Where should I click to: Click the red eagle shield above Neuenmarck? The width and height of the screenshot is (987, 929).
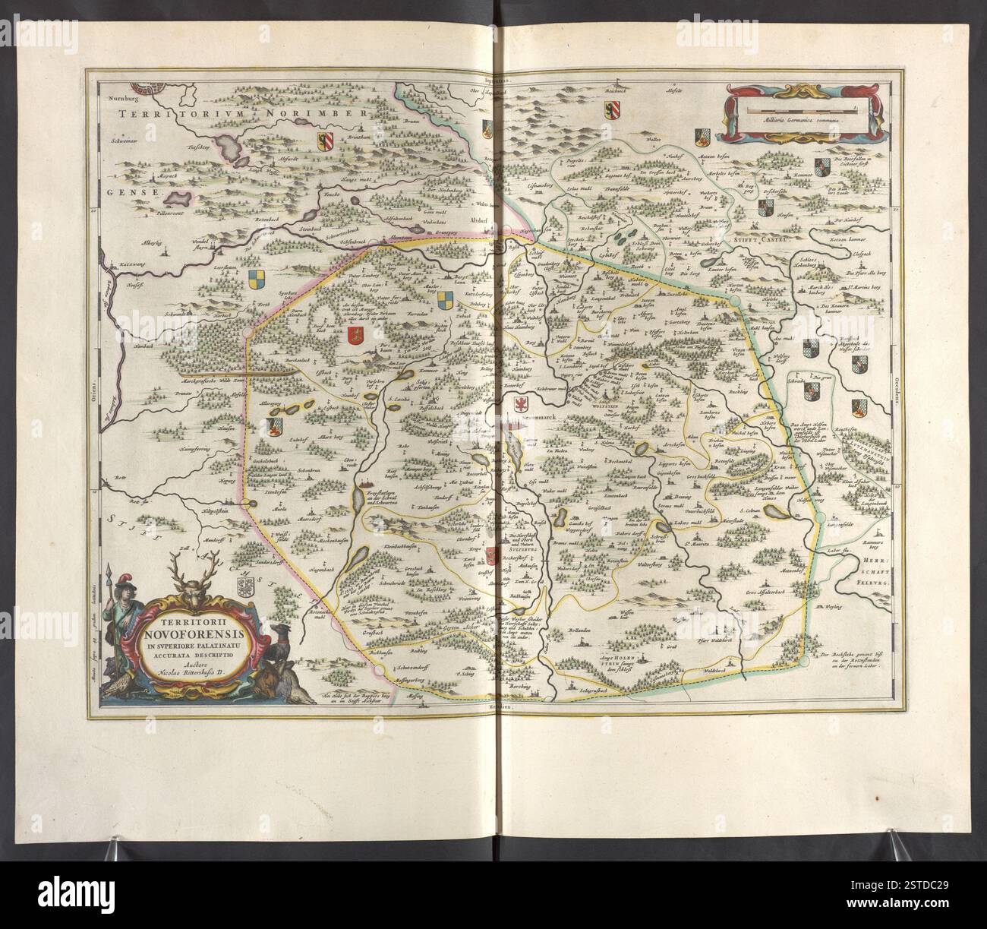(x=522, y=402)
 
